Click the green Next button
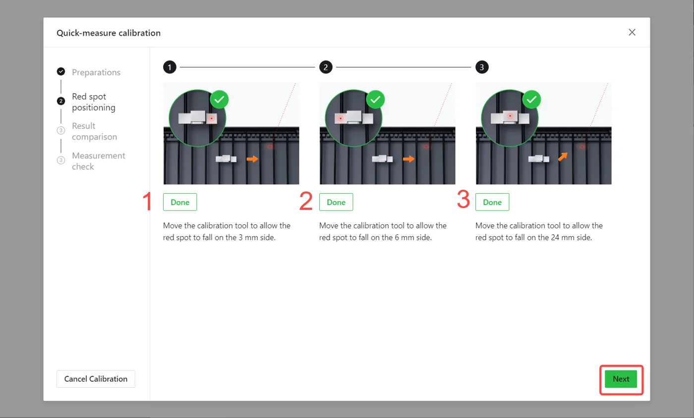click(621, 379)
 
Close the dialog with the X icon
click(632, 32)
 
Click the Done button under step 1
click(180, 202)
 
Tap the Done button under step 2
click(336, 202)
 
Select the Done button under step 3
click(492, 202)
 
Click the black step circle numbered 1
click(170, 67)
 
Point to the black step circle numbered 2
click(326, 67)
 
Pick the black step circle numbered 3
click(482, 67)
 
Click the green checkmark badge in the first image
click(219, 100)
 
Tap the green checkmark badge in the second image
click(376, 100)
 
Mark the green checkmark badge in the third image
click(531, 100)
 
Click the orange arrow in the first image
click(252, 159)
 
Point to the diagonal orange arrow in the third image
click(563, 157)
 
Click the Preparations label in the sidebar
click(96, 72)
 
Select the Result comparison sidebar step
click(95, 131)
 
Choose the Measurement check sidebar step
click(99, 161)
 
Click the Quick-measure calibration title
click(109, 33)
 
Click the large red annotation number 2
click(306, 201)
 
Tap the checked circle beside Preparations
click(61, 71)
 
